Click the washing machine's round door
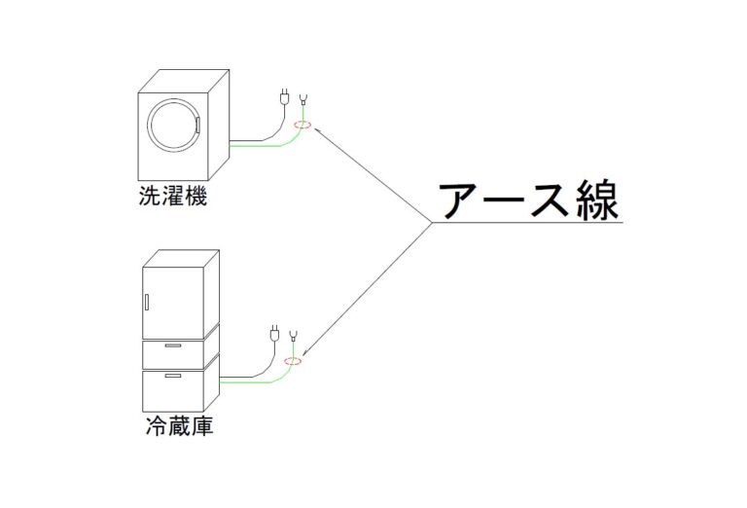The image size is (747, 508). (x=172, y=124)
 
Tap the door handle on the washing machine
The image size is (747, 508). (x=196, y=125)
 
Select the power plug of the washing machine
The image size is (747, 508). (x=284, y=98)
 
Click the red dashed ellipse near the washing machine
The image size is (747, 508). (x=302, y=125)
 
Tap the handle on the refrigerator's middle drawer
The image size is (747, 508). (x=173, y=345)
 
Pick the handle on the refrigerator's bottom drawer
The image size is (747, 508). (x=173, y=375)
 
